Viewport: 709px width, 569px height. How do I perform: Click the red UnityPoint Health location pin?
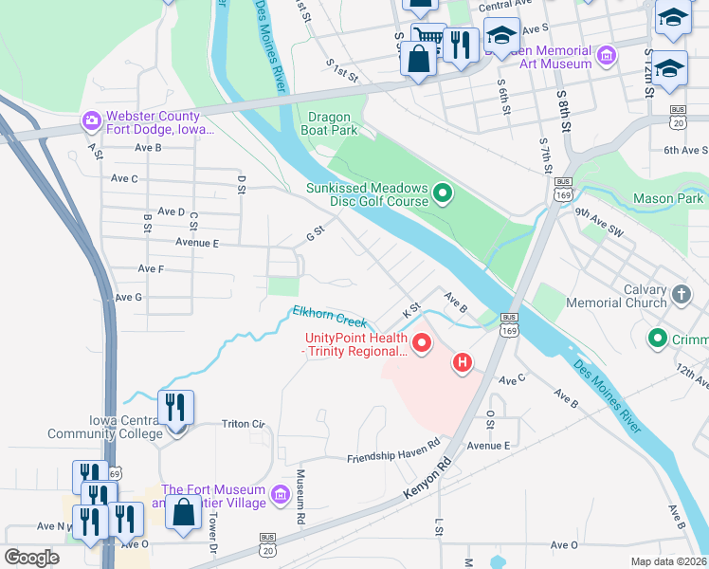tap(421, 342)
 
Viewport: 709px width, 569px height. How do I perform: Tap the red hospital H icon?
tap(463, 361)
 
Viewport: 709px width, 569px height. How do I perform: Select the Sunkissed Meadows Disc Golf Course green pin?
tap(442, 195)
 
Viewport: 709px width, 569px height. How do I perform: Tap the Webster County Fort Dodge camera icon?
tap(92, 120)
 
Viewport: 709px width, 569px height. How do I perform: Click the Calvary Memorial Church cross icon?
tap(682, 295)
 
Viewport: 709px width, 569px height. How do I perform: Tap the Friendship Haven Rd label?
tap(394, 452)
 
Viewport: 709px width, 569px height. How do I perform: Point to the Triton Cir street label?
tap(245, 423)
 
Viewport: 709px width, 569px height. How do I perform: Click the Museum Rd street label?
tap(300, 497)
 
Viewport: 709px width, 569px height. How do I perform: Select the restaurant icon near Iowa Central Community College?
tap(175, 409)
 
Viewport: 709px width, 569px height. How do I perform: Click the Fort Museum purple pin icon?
tap(280, 495)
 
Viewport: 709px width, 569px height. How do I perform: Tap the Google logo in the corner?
tap(32, 558)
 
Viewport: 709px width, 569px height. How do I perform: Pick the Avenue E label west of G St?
tap(197, 243)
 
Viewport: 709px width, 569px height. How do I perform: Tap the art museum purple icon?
tap(608, 56)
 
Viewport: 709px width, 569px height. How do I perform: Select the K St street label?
tap(411, 310)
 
